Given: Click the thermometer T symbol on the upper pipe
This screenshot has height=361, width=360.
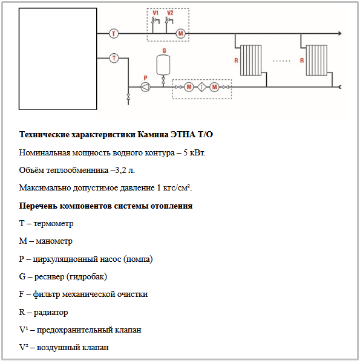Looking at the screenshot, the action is (114, 34).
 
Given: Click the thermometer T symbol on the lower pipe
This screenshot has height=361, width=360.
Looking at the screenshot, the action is (114, 58).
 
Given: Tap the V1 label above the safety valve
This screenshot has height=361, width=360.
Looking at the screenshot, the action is (155, 13).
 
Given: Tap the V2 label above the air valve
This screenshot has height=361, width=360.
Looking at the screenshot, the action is (170, 13).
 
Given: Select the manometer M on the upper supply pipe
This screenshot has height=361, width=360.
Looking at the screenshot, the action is (180, 34).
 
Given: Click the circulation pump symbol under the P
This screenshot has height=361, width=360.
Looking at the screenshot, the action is (145, 87).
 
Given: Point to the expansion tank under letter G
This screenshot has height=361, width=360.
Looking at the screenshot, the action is (163, 65).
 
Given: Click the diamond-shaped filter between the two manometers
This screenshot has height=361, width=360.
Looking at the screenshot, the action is (201, 87).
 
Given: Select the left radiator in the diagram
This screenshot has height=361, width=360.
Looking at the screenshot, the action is (251, 60).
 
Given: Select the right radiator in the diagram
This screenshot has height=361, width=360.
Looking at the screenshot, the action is (316, 60).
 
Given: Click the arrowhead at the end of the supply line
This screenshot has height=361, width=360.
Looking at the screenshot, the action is (340, 34).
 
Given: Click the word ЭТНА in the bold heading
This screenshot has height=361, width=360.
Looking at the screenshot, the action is (183, 134).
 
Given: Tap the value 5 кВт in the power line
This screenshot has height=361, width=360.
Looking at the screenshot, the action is (194, 152).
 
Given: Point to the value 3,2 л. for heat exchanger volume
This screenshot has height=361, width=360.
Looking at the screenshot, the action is (125, 171).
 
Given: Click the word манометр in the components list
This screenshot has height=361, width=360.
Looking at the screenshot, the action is (54, 241).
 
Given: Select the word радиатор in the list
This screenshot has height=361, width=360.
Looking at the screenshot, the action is (51, 313).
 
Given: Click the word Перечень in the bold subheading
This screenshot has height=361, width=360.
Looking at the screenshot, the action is (38, 206).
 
